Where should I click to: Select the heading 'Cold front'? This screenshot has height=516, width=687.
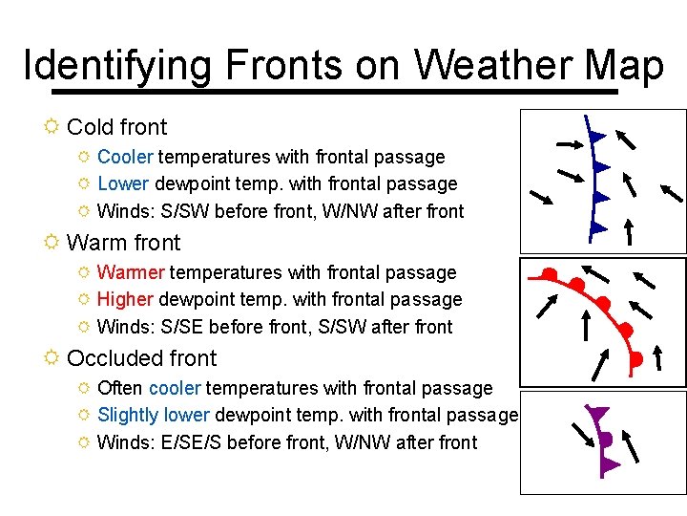click(x=116, y=127)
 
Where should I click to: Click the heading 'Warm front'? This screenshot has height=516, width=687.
click(x=123, y=243)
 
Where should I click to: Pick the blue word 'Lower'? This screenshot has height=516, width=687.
click(x=122, y=183)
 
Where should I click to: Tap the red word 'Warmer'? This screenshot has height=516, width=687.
click(x=131, y=272)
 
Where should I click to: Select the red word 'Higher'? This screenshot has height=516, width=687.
click(x=125, y=299)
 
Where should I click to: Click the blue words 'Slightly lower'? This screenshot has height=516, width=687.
click(x=154, y=415)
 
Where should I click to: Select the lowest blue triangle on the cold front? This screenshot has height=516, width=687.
click(x=597, y=227)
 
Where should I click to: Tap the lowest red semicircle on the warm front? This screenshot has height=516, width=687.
click(x=635, y=359)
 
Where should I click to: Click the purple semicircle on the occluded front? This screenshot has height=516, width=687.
click(x=605, y=441)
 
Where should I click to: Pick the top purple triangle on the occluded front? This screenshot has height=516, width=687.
click(x=599, y=415)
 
